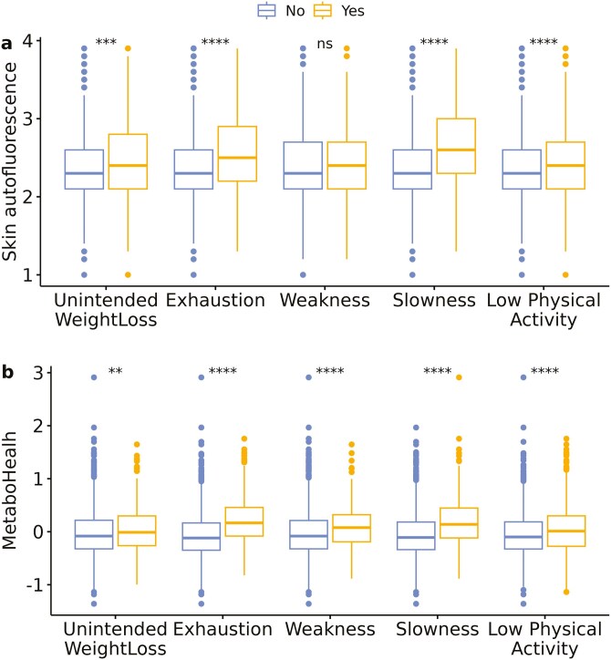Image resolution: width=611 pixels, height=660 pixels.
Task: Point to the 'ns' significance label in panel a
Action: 325,43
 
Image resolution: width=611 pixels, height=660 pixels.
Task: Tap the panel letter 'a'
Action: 7,42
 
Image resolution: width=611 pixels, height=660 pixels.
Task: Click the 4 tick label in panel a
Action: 29,42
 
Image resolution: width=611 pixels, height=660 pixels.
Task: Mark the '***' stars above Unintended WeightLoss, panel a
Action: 106,43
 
